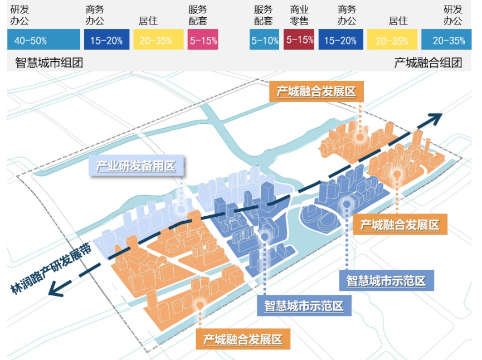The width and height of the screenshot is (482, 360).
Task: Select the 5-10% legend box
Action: pos(264,41)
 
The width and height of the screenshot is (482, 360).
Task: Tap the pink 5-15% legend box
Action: pos(203,41)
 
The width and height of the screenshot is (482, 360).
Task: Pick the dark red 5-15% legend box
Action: pos(299,40)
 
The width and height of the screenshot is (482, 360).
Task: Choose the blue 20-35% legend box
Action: pos(449,41)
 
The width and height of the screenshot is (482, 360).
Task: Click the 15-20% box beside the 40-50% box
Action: pos(107,41)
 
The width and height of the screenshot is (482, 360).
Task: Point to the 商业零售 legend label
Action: pos(299,16)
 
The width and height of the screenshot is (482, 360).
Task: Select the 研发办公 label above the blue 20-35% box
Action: pos(452,16)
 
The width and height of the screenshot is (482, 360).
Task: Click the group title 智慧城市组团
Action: pos(49,63)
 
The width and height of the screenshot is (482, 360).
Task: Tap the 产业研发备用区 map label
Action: pos(136,166)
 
